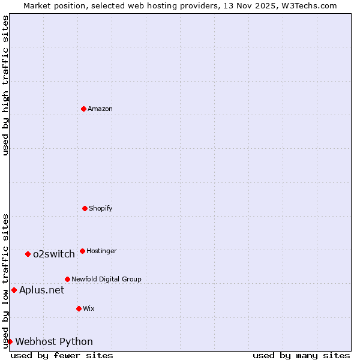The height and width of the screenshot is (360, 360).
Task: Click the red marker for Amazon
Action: (x=83, y=109)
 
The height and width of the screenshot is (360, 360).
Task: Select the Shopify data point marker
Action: (x=85, y=208)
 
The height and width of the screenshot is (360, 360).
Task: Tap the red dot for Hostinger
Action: (x=82, y=251)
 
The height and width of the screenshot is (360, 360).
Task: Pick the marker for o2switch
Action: (x=28, y=254)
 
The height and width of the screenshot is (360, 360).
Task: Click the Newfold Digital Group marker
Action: (x=67, y=279)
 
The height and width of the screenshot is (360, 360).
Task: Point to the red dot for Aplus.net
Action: (x=14, y=290)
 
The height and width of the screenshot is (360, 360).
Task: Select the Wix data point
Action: (x=79, y=308)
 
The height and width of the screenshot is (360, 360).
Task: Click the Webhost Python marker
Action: (x=10, y=341)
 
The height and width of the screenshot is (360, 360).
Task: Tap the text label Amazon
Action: (x=100, y=109)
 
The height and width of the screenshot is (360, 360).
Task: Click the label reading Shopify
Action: (x=101, y=208)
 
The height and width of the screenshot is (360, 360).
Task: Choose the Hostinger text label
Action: (x=101, y=251)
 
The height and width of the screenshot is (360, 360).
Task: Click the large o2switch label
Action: (x=54, y=254)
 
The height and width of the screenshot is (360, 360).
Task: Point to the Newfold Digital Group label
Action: (x=106, y=279)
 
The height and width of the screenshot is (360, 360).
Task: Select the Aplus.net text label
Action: (x=41, y=290)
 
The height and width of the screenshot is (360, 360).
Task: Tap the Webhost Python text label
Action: (x=54, y=341)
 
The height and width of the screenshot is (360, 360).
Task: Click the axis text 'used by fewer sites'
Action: (x=62, y=355)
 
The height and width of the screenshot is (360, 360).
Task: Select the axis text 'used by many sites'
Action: (x=301, y=355)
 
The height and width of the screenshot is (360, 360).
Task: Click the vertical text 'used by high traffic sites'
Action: (x=5, y=85)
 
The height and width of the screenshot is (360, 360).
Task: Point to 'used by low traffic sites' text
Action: (x=5, y=280)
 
